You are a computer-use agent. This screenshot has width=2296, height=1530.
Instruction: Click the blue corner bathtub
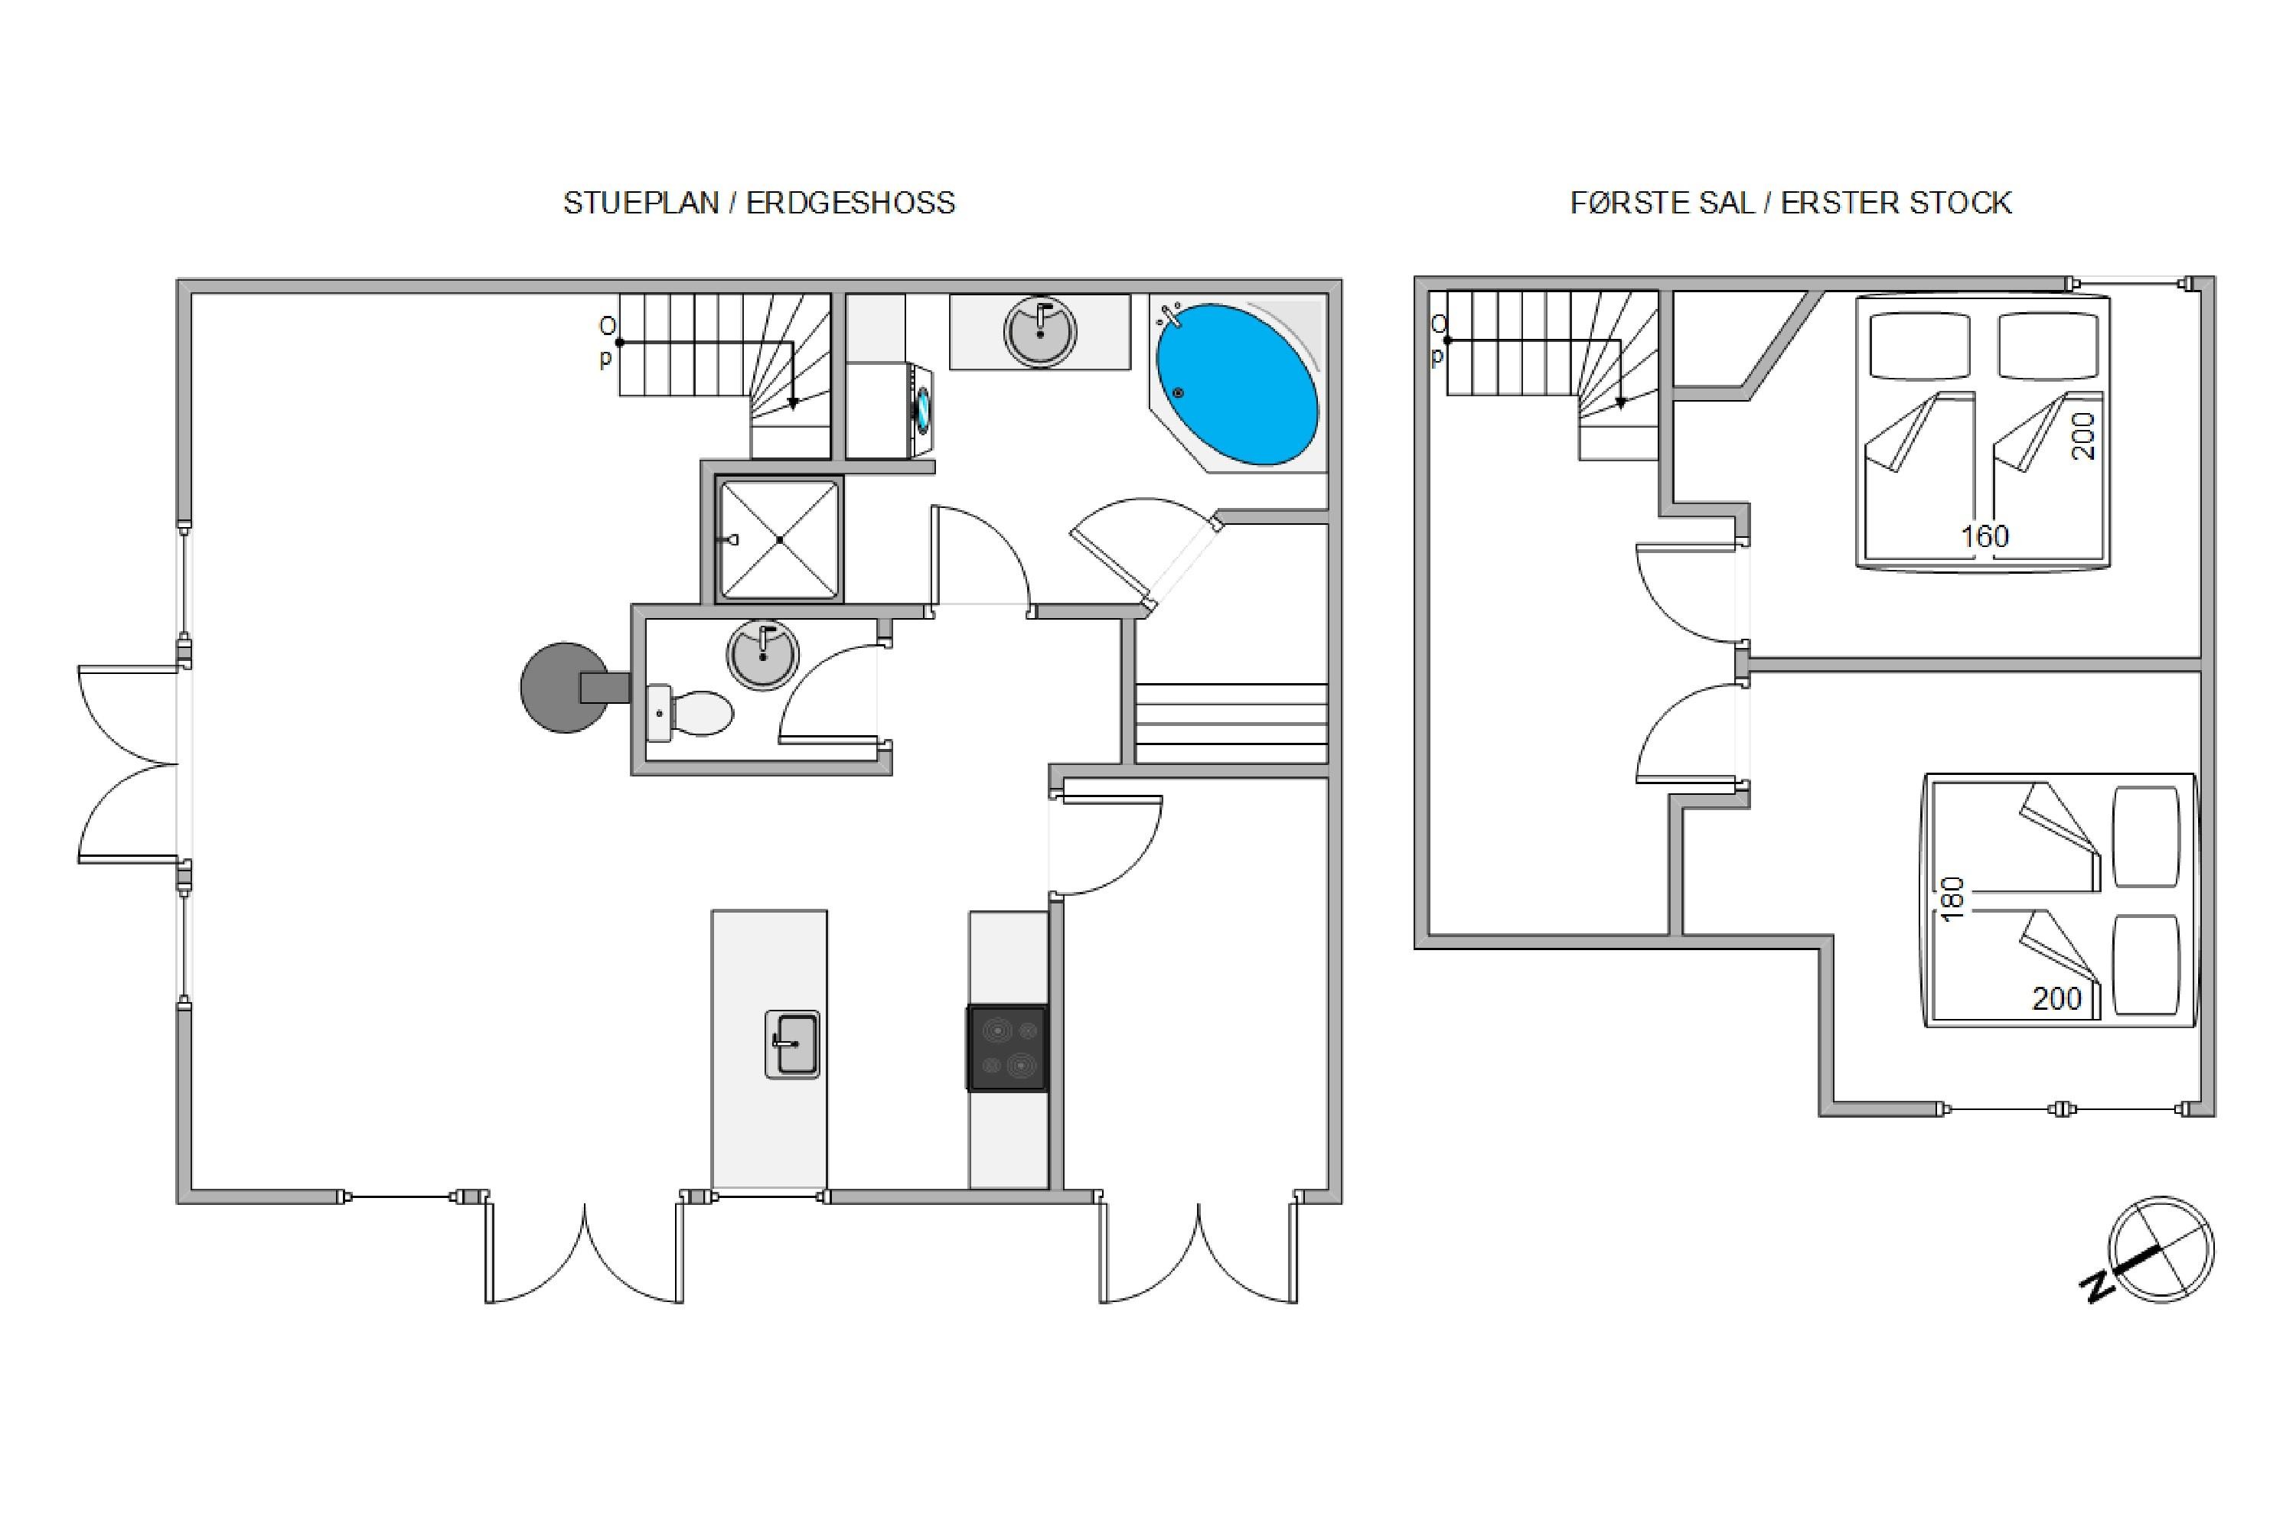[1238, 383]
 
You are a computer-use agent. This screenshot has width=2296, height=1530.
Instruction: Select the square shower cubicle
[779, 539]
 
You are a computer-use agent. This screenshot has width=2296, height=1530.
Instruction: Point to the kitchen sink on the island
[791, 1044]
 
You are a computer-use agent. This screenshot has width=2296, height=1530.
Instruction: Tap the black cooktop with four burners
[1007, 1048]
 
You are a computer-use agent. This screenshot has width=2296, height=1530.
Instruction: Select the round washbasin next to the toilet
[762, 655]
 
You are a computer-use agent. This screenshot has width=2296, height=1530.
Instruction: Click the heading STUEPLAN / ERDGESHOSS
[758, 203]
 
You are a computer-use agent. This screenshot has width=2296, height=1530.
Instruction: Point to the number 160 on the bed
[1985, 535]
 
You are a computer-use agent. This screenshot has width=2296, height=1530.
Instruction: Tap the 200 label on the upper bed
[2082, 436]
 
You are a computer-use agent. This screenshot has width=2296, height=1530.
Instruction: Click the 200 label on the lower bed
[2057, 998]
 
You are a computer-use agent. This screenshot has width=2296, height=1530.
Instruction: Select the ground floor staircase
[724, 376]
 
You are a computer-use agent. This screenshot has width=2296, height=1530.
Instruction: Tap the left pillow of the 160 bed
[1920, 346]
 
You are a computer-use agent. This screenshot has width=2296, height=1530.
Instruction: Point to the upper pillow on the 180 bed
[2146, 836]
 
